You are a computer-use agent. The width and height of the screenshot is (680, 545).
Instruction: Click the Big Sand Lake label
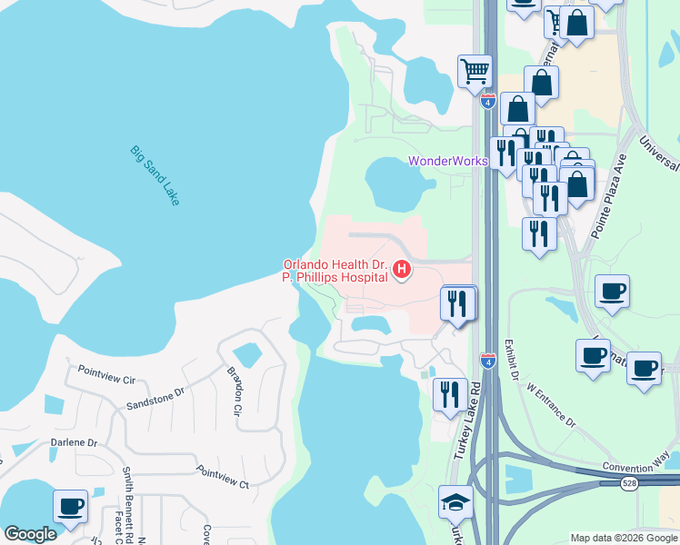(155, 175)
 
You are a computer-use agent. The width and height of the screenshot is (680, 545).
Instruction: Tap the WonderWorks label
(447, 161)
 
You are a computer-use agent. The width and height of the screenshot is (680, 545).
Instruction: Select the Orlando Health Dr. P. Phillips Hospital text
(335, 271)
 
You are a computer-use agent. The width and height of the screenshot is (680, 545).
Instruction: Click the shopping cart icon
(475, 70)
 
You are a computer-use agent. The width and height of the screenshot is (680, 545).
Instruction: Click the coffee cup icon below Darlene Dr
(70, 505)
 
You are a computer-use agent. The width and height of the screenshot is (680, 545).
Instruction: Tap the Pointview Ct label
(222, 478)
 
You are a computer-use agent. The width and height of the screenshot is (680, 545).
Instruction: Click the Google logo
(30, 534)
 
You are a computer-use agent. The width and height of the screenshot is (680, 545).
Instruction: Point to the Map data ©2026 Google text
(623, 538)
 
